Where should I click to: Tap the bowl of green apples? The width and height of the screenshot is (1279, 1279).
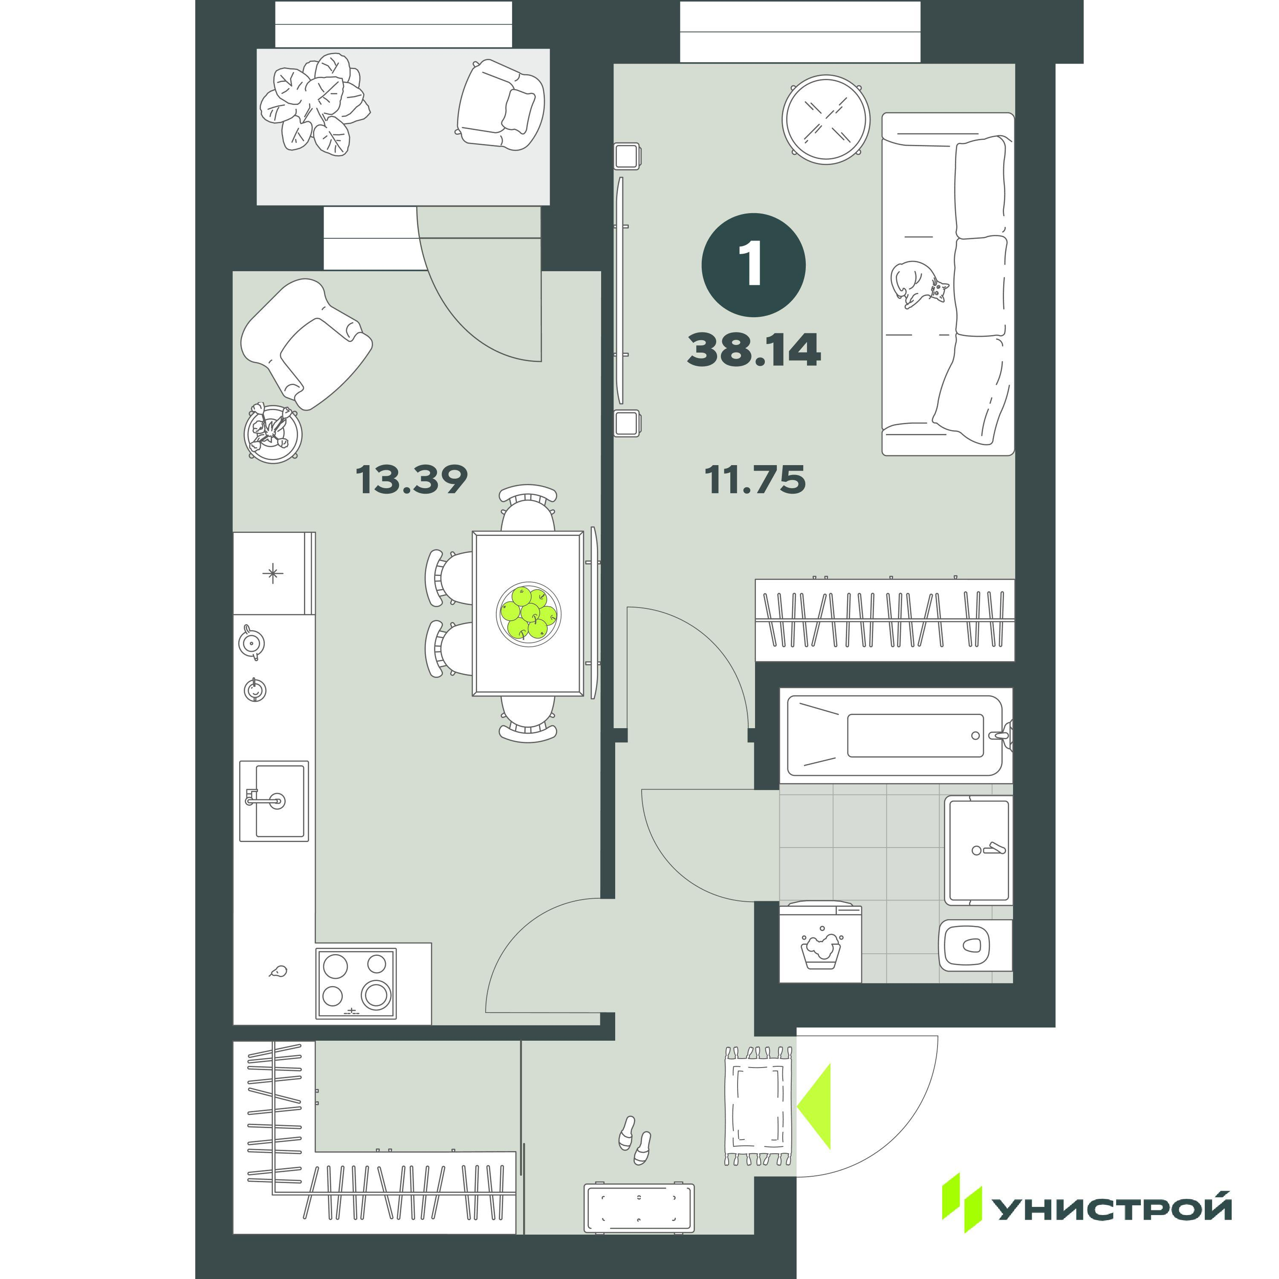tap(528, 613)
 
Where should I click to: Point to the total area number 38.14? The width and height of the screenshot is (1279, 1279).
tap(754, 350)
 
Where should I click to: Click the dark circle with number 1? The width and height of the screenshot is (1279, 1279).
tap(753, 265)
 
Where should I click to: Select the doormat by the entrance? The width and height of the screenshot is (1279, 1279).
tap(759, 1105)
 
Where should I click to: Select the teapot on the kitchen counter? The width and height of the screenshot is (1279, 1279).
tap(251, 642)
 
